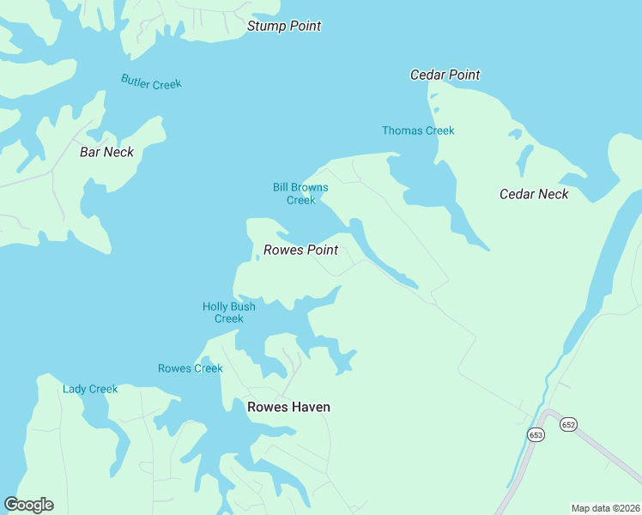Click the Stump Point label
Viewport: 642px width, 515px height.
point(284,26)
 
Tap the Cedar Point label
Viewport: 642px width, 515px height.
point(445,75)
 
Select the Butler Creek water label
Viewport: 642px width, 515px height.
point(151,82)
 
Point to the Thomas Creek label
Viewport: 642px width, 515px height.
point(418,130)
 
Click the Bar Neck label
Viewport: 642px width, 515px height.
point(106,152)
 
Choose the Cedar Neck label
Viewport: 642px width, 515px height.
point(534,194)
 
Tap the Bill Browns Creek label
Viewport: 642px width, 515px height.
point(300,193)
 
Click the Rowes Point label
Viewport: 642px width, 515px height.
point(300,250)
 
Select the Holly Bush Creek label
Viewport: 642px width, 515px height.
point(228,312)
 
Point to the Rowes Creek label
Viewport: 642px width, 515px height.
point(190,368)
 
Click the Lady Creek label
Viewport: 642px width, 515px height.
point(90,389)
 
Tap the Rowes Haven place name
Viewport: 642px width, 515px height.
point(288,407)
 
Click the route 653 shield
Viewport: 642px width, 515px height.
point(536,435)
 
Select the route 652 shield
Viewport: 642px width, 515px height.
point(568,425)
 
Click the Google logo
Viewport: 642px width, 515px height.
point(28,505)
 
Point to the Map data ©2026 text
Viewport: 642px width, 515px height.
point(605,508)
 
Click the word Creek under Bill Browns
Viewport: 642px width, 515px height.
point(300,200)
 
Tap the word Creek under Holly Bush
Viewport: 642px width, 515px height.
point(228,318)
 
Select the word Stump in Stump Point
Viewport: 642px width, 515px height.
point(266,26)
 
